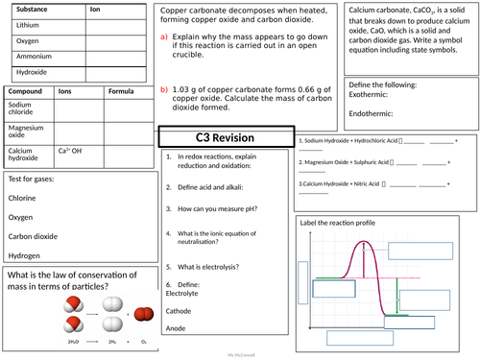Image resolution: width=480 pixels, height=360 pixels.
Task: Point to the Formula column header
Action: click(120, 92)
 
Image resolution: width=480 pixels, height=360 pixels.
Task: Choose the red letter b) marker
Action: click(164, 89)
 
